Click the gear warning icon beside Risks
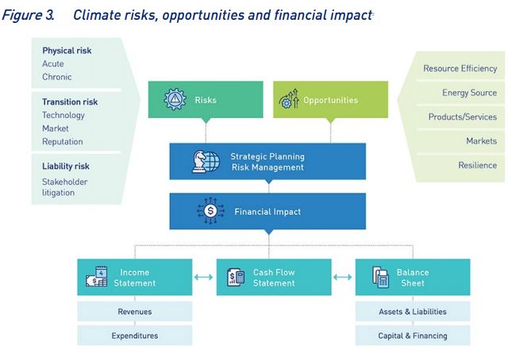[x=175, y=99]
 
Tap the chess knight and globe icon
[x=206, y=162]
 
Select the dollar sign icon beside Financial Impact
[x=210, y=211]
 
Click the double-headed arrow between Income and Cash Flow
[x=203, y=277]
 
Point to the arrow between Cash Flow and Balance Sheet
[x=343, y=277]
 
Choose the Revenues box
[x=135, y=312]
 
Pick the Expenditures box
[x=135, y=335]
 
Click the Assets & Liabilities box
[x=413, y=312]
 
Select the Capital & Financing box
[x=413, y=335]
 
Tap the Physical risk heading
[x=67, y=51]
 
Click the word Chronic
[x=57, y=77]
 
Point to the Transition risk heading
[x=70, y=101]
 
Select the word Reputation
[x=63, y=142]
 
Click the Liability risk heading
[x=66, y=167]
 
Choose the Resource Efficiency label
[x=460, y=68]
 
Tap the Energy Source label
[x=470, y=93]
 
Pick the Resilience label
[x=478, y=165]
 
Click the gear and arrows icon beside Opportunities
[x=289, y=99]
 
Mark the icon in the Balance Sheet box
[x=380, y=278]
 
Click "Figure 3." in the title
[x=28, y=15]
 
